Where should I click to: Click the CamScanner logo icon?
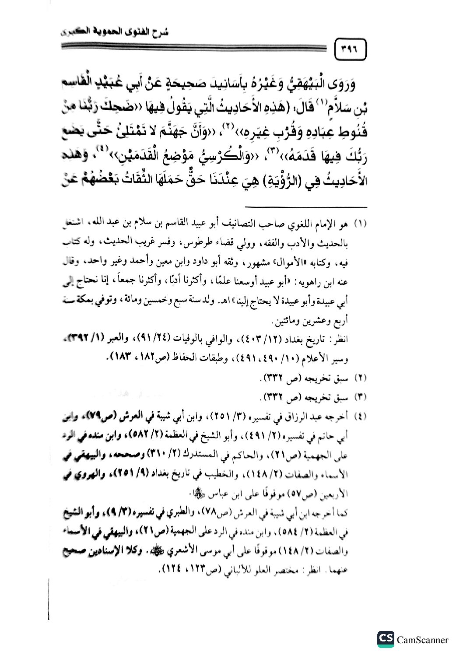[385, 639]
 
